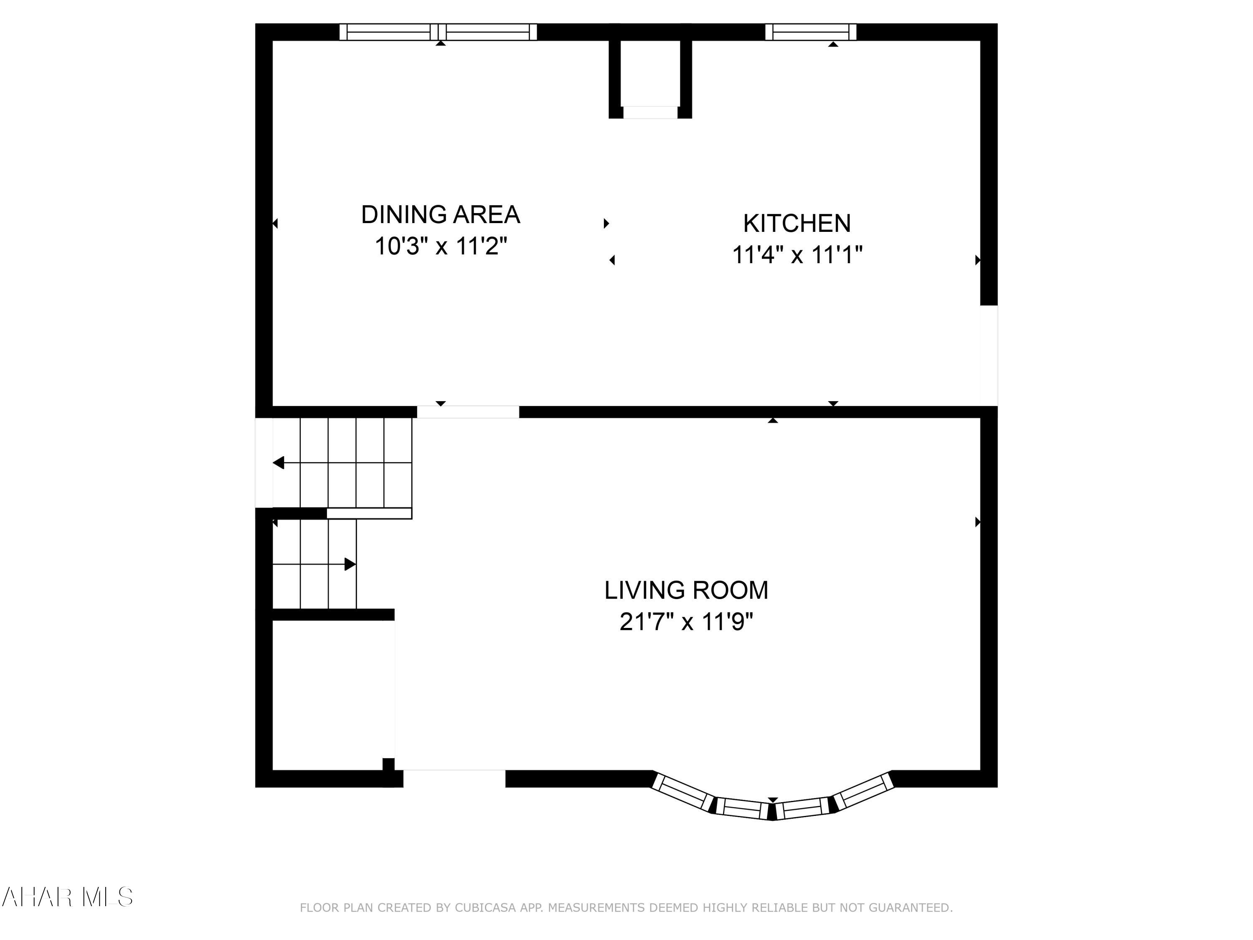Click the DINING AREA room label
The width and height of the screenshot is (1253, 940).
[x=440, y=215]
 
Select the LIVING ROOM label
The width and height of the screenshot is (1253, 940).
[x=686, y=590]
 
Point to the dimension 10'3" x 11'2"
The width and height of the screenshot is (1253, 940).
[x=440, y=246]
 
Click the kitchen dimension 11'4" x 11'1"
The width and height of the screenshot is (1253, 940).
[x=796, y=255]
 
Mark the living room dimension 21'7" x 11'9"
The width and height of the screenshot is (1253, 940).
[x=686, y=622]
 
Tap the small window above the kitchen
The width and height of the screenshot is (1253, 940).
[x=811, y=32]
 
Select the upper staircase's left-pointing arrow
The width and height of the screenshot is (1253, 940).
[x=279, y=463]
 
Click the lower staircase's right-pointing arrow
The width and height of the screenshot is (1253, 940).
[x=350, y=564]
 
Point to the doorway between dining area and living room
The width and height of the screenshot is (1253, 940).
[x=468, y=412]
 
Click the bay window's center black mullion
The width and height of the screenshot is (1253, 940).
[x=771, y=811]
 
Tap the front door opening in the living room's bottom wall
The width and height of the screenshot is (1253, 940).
[x=454, y=778]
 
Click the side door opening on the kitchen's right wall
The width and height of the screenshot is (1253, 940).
[x=989, y=355]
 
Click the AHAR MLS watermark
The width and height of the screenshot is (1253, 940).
[x=67, y=897]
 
